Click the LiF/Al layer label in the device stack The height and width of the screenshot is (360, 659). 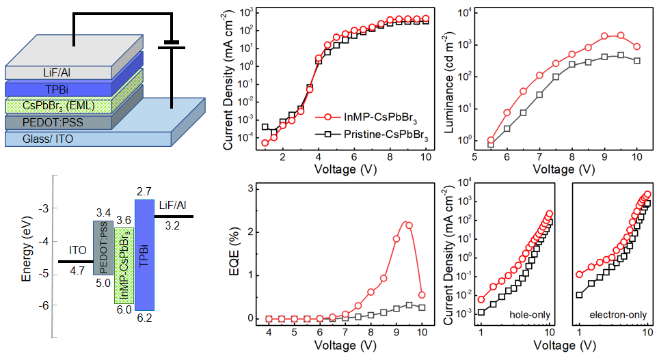tap(35, 72)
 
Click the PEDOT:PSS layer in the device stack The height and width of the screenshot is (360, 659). tap(40, 122)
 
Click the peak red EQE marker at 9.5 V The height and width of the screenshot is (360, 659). tap(409, 225)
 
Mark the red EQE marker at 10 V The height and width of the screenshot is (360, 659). tap(422, 295)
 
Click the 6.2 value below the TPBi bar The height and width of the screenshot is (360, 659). tap(144, 318)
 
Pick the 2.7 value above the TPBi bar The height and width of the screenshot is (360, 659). tap(144, 191)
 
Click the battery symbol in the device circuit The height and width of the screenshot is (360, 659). tap(172, 46)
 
